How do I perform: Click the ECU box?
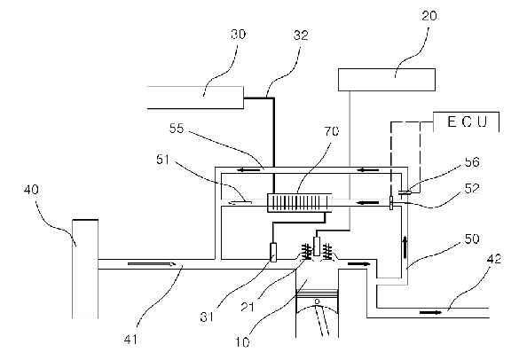(466, 121)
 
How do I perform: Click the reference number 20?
(429, 16)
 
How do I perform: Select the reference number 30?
(239, 35)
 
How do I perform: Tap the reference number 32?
(301, 35)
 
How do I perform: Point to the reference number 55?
(177, 129)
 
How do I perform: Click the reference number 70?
(332, 131)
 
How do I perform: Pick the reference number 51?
(163, 160)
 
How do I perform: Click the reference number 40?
(31, 190)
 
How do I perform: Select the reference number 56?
(472, 161)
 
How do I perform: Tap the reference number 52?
(472, 188)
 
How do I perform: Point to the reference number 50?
(472, 239)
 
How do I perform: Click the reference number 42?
(494, 259)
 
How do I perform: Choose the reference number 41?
(130, 340)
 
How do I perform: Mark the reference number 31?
(207, 317)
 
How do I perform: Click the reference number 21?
(248, 308)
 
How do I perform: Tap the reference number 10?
(242, 341)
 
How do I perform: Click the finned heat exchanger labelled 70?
(299, 203)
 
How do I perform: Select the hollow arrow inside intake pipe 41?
(152, 264)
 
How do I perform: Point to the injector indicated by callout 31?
(274, 253)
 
